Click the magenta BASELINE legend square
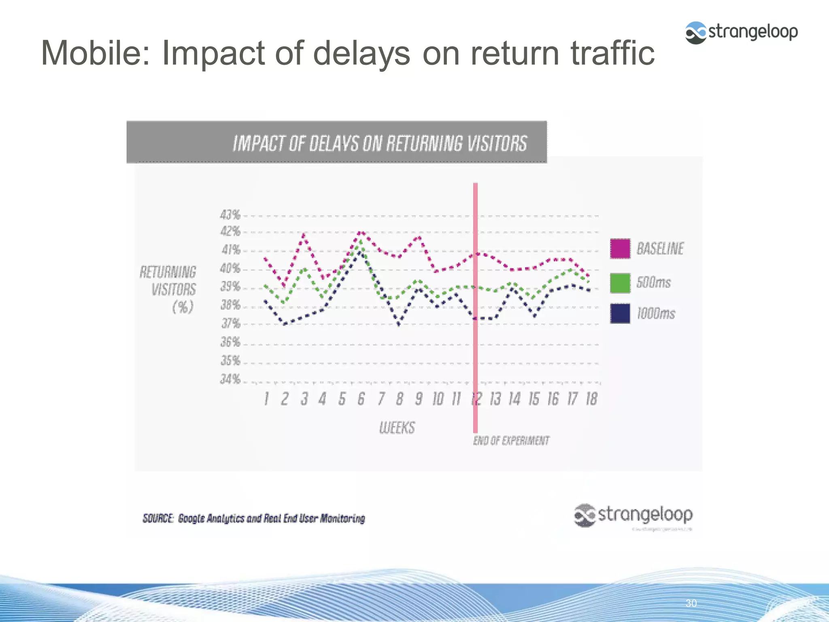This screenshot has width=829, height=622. click(x=620, y=249)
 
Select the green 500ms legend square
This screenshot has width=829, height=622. click(x=620, y=283)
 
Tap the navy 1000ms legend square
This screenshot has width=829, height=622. click(x=620, y=313)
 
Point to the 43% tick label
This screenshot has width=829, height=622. click(x=230, y=215)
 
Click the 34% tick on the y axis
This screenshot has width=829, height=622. click(x=230, y=379)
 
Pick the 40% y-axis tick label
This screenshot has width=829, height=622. click(x=230, y=268)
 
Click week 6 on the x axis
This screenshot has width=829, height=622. click(x=361, y=399)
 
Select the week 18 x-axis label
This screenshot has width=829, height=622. click(x=591, y=399)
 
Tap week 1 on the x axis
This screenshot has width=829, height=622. click(x=266, y=399)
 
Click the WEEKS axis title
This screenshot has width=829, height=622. click(x=397, y=428)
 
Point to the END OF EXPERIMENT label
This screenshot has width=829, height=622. click(x=511, y=441)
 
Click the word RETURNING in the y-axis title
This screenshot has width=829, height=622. click(x=168, y=272)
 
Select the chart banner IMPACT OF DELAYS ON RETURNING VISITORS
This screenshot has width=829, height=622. click(x=380, y=143)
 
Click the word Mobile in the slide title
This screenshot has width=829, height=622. click(x=96, y=53)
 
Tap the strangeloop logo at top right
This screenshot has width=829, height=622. click(x=741, y=32)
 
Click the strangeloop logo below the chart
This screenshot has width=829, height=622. click(x=633, y=515)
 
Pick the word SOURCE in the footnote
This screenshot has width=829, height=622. click(x=158, y=518)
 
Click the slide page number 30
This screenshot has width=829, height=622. click(x=691, y=603)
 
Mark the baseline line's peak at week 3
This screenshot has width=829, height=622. click(x=304, y=234)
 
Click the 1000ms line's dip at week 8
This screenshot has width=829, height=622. click(x=399, y=324)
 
